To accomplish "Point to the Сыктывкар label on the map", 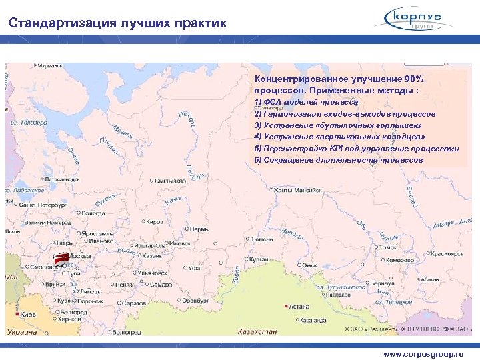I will (x=171, y=180).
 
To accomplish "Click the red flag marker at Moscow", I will (x=60, y=258).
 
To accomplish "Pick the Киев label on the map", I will (x=27, y=313).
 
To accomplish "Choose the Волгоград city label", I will (x=126, y=331).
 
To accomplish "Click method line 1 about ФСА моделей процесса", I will (x=307, y=102).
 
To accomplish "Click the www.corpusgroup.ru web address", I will (x=423, y=354).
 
